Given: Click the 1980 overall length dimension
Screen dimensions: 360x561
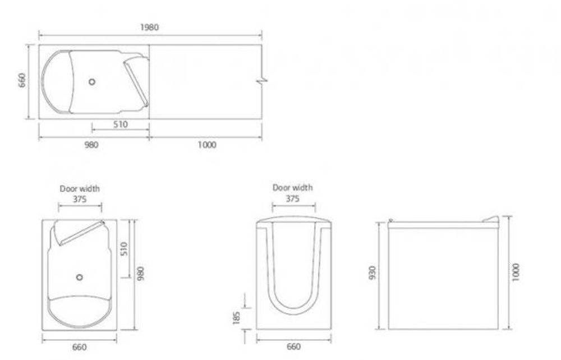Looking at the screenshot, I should tap(149, 27).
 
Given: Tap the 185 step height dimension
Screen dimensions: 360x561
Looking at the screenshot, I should tap(236, 317).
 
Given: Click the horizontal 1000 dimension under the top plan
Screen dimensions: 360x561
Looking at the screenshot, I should tap(206, 145).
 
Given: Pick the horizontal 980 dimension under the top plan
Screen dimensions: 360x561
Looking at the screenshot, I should tap(91, 145).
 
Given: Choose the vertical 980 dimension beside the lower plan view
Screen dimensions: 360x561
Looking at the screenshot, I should tap(141, 274).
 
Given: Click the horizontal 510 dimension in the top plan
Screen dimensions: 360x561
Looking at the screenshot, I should tap(121, 124).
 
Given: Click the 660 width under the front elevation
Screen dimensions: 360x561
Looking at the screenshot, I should tap(293, 347).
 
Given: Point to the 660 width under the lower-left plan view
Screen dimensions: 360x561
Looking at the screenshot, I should tap(80, 347).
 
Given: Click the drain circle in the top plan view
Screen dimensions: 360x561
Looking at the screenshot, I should tap(92, 81).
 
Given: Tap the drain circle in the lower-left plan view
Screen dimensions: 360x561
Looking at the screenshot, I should tap(79, 276).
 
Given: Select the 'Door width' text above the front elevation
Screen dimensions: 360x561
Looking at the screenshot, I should tap(292, 188).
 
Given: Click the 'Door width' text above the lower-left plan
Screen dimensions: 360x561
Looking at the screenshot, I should tap(80, 189).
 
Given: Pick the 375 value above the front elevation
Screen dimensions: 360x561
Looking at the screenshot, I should tap(292, 199).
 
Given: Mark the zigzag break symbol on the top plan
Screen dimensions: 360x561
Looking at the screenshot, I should tap(261, 82).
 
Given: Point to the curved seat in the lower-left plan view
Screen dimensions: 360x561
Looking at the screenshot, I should tap(79, 314).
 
